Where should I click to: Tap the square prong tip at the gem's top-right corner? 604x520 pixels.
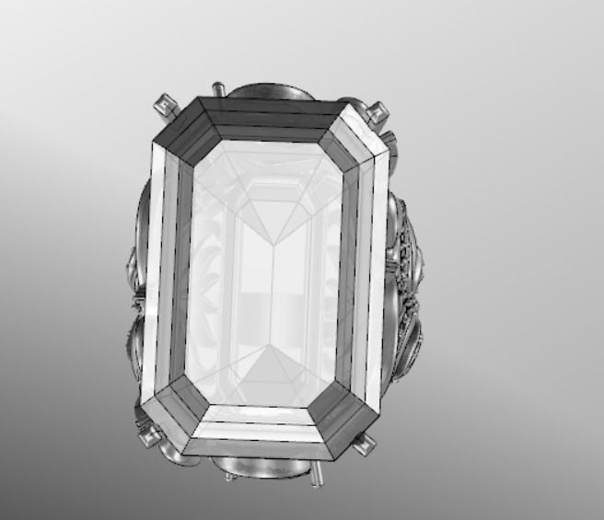coord(375,112)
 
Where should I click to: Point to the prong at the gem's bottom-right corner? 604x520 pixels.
coord(366,445)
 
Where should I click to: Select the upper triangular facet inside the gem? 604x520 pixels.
coord(277,216)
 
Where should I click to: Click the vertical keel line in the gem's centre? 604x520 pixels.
coord(277,295)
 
